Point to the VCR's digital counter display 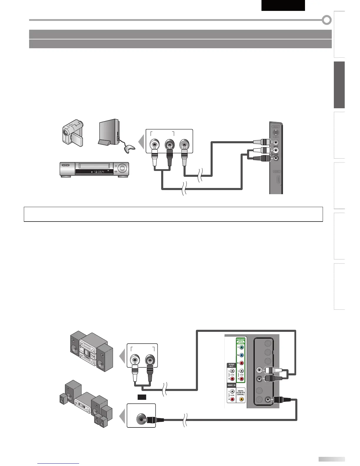coord(94,171)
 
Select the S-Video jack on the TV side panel coord(275,133)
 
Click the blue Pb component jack coord(241,355)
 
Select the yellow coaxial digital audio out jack coord(241,400)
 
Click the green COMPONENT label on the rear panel coord(241,341)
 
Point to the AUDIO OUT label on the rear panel coord(231,365)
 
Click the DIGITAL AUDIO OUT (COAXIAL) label coord(241,393)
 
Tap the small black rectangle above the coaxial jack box coord(142,397)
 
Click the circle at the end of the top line coord(327,20)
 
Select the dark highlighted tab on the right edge coord(339,85)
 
